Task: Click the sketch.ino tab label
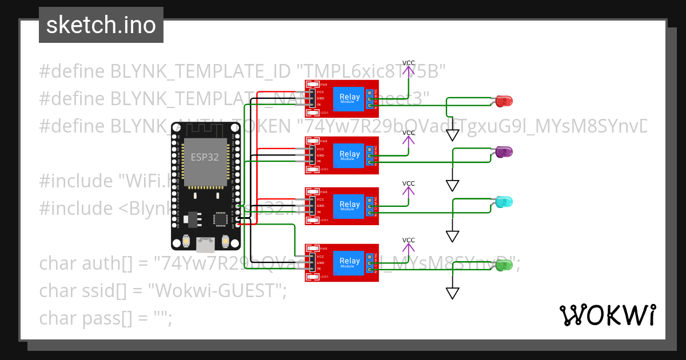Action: [x=101, y=25]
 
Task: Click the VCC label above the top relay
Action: [x=409, y=63]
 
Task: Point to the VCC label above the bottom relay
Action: [x=409, y=240]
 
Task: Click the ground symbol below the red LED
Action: [x=453, y=135]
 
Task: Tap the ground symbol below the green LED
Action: [x=453, y=293]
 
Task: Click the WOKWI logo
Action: [x=607, y=315]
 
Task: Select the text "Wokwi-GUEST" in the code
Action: [x=217, y=290]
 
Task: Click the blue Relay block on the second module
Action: [x=349, y=155]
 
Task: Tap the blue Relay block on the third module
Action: [x=349, y=205]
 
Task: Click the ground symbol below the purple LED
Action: [x=453, y=186]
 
